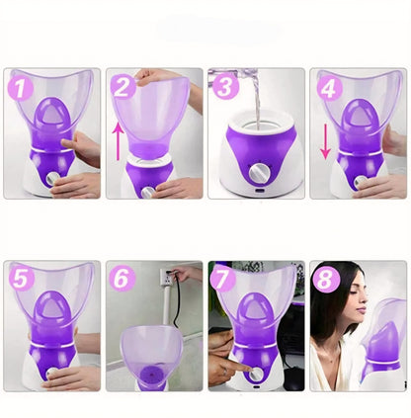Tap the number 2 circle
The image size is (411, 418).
[x=123, y=86]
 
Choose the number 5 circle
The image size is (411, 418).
[x=19, y=280]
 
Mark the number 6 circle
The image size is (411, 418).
[x=123, y=280]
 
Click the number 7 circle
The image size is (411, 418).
[x=224, y=280]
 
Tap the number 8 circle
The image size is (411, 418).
[x=327, y=280]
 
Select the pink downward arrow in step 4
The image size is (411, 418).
[x=325, y=138]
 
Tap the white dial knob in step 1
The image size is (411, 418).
[x=48, y=181]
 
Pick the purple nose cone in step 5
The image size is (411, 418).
[x=47, y=322]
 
